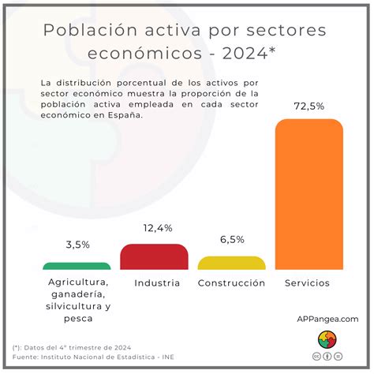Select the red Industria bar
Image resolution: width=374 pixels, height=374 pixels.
coord(155,257)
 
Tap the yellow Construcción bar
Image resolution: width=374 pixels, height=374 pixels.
coord(231,264)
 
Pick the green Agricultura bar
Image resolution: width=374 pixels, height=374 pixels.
coord(77,267)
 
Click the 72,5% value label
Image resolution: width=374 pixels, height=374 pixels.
coord(309,106)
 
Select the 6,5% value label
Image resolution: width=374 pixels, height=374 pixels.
coord(231,240)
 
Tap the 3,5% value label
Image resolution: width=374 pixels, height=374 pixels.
coord(77,245)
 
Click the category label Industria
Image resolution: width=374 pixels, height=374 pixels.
coord(157,282)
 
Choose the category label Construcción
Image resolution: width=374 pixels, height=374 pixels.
coord(231,282)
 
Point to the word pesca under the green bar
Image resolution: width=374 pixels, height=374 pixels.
coord(77,318)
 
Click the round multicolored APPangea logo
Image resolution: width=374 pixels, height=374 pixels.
coord(327,339)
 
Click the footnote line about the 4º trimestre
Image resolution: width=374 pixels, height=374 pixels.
coord(72,347)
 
